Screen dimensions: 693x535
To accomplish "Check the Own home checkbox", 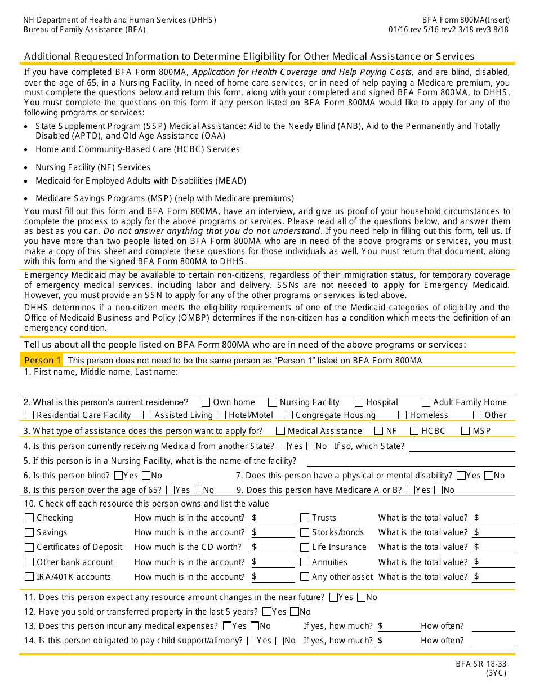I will pyautogui.click(x=206, y=402).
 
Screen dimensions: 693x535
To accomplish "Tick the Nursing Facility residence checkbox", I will pyautogui.click(x=273, y=402).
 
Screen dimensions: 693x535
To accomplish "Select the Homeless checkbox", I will pyautogui.click(x=402, y=415).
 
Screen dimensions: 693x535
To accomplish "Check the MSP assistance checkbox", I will pyautogui.click(x=465, y=431).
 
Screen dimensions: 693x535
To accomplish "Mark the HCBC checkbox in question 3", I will pyautogui.click(x=414, y=431).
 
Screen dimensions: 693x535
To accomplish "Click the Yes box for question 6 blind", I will pyautogui.click(x=118, y=476).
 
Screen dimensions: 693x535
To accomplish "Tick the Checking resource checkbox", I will pyautogui.click(x=29, y=518).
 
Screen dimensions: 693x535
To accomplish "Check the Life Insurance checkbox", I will pyautogui.click(x=305, y=547).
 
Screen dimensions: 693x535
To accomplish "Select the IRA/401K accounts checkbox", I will pyautogui.click(x=29, y=577).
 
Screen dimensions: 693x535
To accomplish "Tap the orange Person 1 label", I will pyautogui.click(x=42, y=360).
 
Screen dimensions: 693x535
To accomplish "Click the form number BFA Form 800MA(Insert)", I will pyautogui.click(x=466, y=20).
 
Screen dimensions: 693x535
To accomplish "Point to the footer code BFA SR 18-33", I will pyautogui.click(x=481, y=664).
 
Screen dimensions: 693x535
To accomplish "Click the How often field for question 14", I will pyautogui.click(x=493, y=641).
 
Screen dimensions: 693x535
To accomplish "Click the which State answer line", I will pyautogui.click(x=462, y=446).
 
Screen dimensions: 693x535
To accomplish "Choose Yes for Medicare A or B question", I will pyautogui.click(x=411, y=490).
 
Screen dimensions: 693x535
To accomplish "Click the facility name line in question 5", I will pyautogui.click(x=411, y=461).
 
